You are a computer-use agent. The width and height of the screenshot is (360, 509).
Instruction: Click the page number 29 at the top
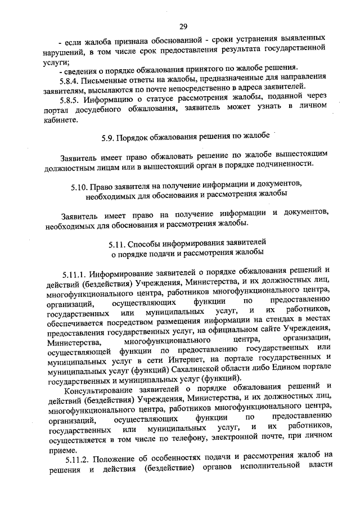coord(183,26)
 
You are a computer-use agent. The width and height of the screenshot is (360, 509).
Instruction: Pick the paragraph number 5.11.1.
coord(76,274)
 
